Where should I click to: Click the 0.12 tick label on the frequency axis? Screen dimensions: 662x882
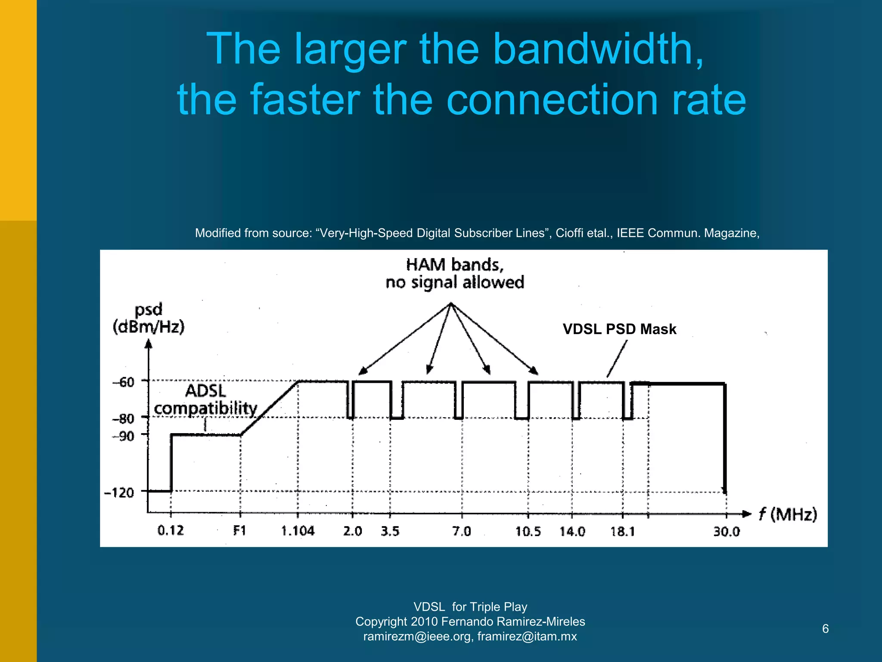(171, 530)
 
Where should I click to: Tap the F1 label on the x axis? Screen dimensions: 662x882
(239, 530)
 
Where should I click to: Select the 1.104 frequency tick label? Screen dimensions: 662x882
(298, 531)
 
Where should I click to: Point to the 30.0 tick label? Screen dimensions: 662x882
(727, 531)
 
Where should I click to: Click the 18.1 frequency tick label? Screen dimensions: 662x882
(623, 531)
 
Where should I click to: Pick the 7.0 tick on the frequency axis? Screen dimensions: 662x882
(462, 531)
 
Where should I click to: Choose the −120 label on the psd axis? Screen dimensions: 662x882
(119, 492)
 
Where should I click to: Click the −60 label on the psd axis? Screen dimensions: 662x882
(124, 382)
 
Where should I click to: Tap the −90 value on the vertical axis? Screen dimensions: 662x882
(124, 436)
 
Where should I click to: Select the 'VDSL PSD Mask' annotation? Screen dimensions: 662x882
(619, 329)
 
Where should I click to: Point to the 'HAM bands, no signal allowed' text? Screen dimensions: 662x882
(455, 273)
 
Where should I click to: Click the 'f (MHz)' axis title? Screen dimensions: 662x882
(788, 514)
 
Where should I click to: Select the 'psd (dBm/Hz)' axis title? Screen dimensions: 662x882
(149, 318)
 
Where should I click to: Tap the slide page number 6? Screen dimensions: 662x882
(825, 629)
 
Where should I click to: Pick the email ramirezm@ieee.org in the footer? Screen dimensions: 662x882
(417, 636)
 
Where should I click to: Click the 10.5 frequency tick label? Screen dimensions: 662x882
(528, 531)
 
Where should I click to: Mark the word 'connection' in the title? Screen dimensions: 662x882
(553, 100)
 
